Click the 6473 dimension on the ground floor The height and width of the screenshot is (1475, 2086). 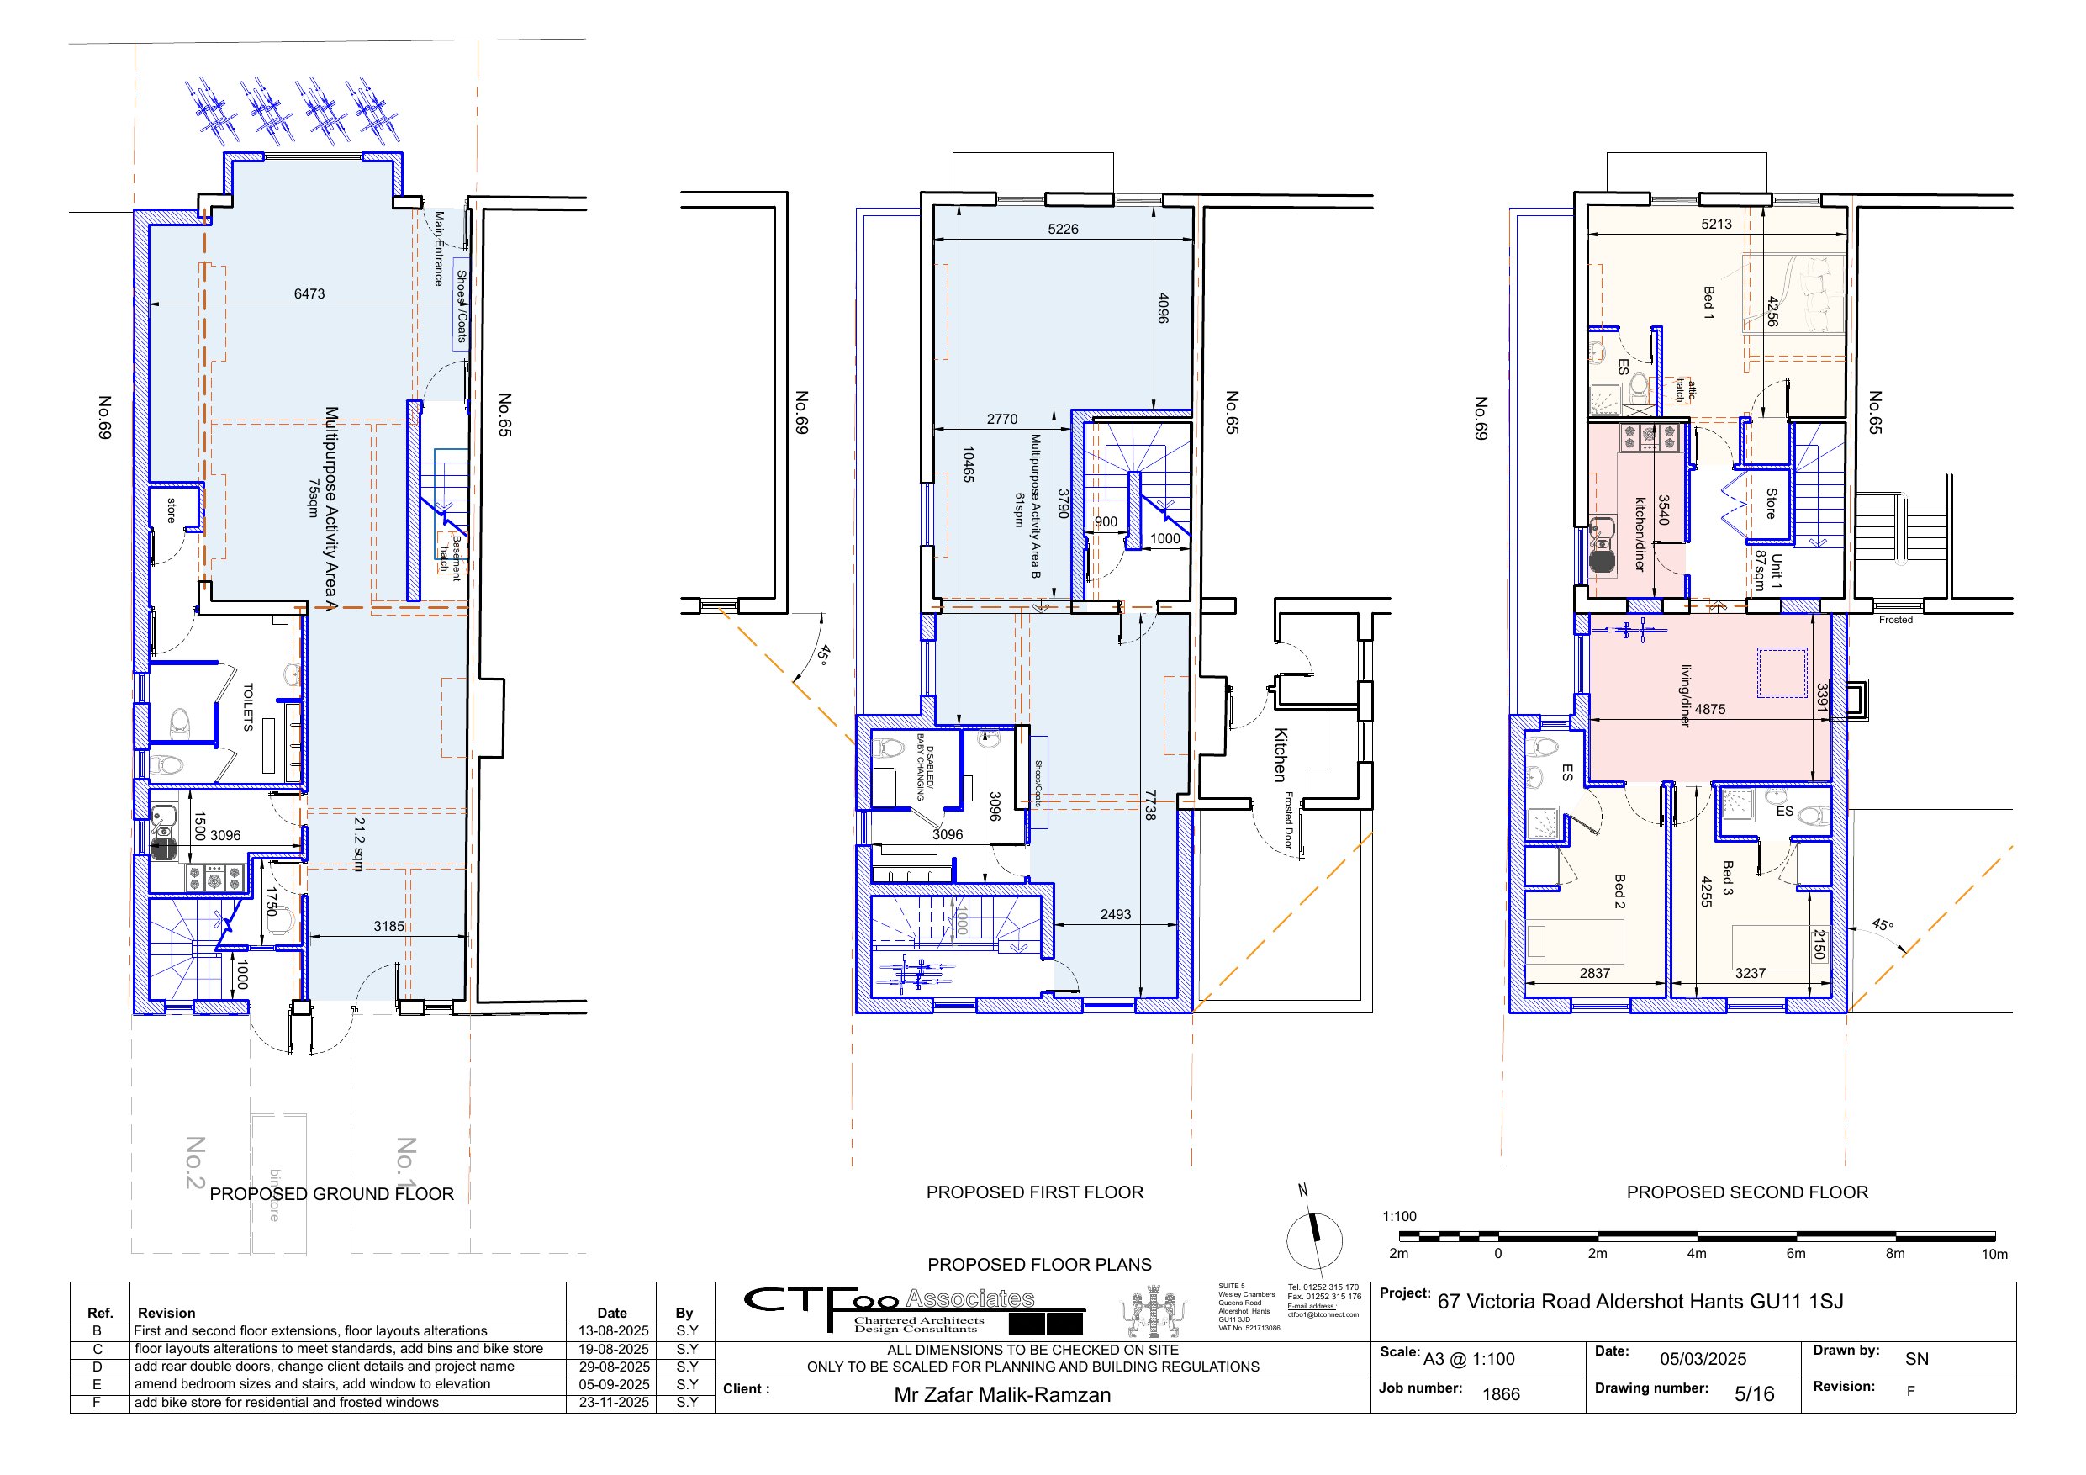pyautogui.click(x=309, y=293)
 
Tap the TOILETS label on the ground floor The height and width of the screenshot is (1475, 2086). pyautogui.click(x=248, y=707)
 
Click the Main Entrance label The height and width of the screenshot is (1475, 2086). pyautogui.click(x=439, y=248)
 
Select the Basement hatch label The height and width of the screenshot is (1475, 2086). pyautogui.click(x=451, y=557)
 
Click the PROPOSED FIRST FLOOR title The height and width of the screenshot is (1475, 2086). pyautogui.click(x=1035, y=1192)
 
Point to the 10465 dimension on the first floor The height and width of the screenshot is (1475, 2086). pyautogui.click(x=969, y=464)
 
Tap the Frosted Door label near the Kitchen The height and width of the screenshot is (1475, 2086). pyautogui.click(x=1288, y=820)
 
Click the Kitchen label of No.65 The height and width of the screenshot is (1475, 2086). pyautogui.click(x=1281, y=754)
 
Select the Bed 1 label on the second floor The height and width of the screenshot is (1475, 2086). pyautogui.click(x=1708, y=304)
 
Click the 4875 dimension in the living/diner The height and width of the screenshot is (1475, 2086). pyautogui.click(x=1710, y=709)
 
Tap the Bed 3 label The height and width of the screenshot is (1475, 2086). pyautogui.click(x=1727, y=878)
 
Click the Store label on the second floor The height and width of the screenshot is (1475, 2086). pyautogui.click(x=1771, y=504)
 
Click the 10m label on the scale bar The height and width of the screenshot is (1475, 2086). pyautogui.click(x=1994, y=1254)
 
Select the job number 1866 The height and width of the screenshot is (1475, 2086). pyautogui.click(x=1501, y=1394)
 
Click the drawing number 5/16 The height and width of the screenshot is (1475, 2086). pyautogui.click(x=1754, y=1394)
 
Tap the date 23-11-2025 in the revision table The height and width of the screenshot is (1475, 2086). pyautogui.click(x=614, y=1403)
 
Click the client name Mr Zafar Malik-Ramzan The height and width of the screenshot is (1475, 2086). pyautogui.click(x=1002, y=1395)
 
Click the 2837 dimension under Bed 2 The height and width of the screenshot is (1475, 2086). pyautogui.click(x=1594, y=973)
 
